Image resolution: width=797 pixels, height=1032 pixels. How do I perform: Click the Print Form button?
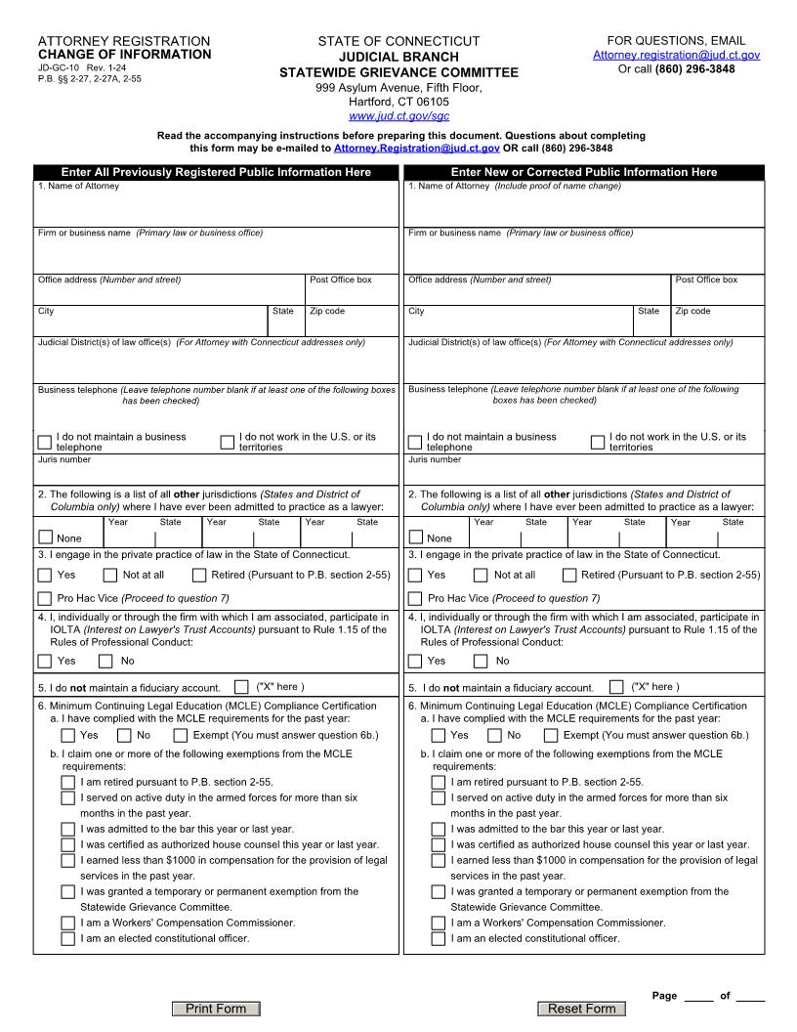click(x=216, y=1009)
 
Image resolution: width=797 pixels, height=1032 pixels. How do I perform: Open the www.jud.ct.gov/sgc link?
click(x=398, y=115)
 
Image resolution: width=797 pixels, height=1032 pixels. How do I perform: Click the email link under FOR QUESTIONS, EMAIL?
click(x=676, y=56)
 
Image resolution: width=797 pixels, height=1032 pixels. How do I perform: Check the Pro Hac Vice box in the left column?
click(x=45, y=598)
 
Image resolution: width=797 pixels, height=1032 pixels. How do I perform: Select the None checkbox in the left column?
click(x=45, y=537)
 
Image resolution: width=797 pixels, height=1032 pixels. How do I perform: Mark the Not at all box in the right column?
click(x=481, y=576)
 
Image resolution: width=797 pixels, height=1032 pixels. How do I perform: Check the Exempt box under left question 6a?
click(x=181, y=735)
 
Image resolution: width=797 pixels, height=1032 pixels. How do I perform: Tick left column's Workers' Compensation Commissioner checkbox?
click(x=67, y=923)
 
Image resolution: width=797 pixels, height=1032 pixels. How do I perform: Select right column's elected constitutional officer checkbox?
click(x=439, y=938)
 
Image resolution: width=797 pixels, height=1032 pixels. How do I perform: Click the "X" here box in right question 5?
click(x=616, y=687)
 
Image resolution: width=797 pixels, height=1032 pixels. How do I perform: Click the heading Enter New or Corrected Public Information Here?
click(x=584, y=172)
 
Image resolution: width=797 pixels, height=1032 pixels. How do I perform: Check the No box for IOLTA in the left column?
click(x=105, y=661)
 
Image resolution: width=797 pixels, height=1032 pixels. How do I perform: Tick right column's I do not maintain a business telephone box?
click(x=416, y=442)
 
